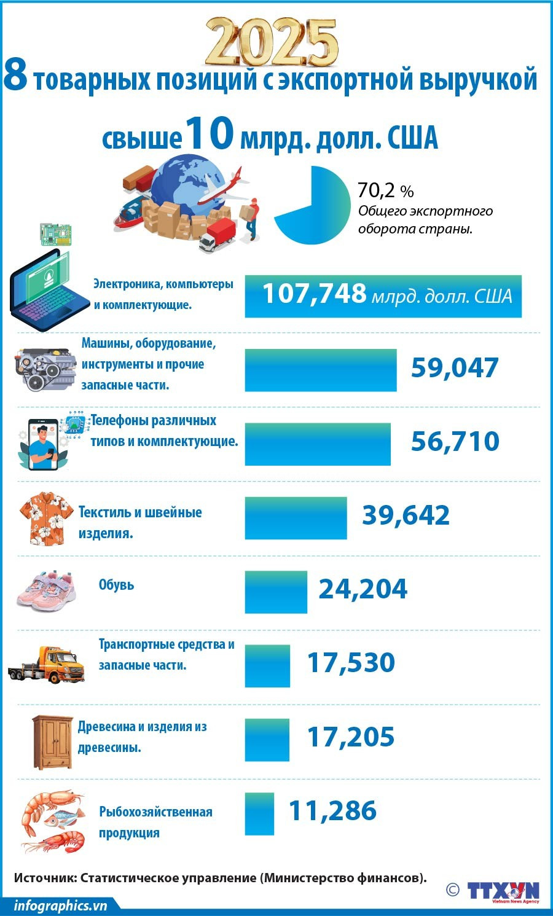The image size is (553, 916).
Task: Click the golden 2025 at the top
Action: tap(271, 42)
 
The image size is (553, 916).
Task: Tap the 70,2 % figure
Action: tap(385, 190)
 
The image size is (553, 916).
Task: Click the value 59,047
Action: tap(454, 368)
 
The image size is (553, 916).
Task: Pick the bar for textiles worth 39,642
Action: tap(296, 518)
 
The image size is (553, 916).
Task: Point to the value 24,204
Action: tap(363, 589)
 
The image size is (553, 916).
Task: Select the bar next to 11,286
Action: tap(259, 814)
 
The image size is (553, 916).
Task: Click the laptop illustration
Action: tap(49, 289)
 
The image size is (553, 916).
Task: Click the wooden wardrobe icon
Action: tap(53, 742)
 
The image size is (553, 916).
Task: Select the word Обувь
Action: tap(116, 585)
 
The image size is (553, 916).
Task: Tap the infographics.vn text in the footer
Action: tap(60, 906)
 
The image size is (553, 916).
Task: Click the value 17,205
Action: tap(350, 737)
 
